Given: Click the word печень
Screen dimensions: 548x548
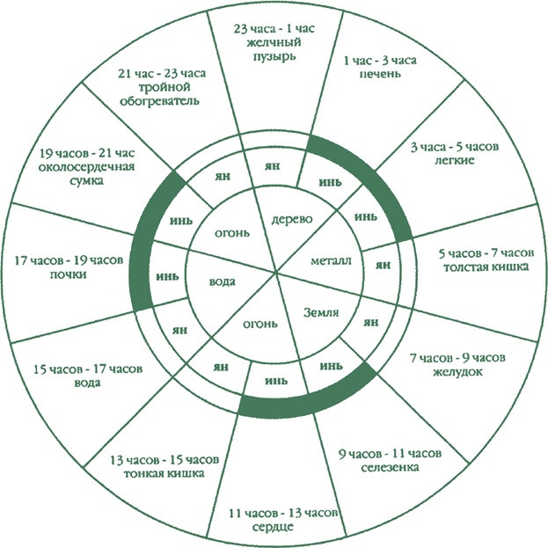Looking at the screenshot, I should click(379, 76).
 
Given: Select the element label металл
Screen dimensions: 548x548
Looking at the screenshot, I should click(331, 261).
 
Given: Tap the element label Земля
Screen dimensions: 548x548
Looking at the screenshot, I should click(322, 313).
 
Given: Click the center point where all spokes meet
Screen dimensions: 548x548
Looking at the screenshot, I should click(275, 274).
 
